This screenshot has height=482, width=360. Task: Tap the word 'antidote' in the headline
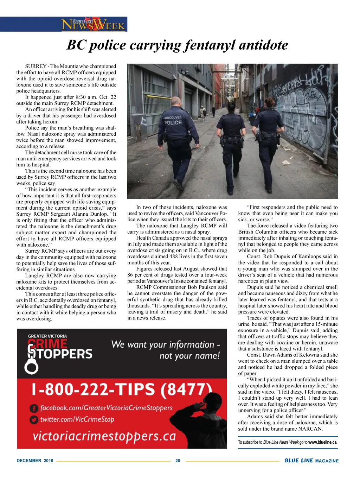pyautogui.click(x=263, y=45)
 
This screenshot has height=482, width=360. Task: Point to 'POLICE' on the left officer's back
pyautogui.click(x=173, y=122)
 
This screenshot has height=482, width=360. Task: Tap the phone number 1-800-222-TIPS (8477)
pyautogui.click(x=122, y=389)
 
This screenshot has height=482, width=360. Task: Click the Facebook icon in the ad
pyautogui.click(x=34, y=408)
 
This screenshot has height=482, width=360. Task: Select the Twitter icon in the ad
pyautogui.click(x=34, y=420)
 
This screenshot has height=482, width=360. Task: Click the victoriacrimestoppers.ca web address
pyautogui.click(x=104, y=436)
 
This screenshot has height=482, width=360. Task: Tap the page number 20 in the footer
pyautogui.click(x=178, y=461)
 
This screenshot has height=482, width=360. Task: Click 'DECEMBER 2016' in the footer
pyautogui.click(x=35, y=461)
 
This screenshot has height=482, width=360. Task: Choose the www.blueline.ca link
pyautogui.click(x=323, y=442)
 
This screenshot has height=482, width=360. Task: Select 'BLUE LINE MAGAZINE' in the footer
pyautogui.click(x=311, y=461)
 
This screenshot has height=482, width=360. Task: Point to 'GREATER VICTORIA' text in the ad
pyautogui.click(x=47, y=336)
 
